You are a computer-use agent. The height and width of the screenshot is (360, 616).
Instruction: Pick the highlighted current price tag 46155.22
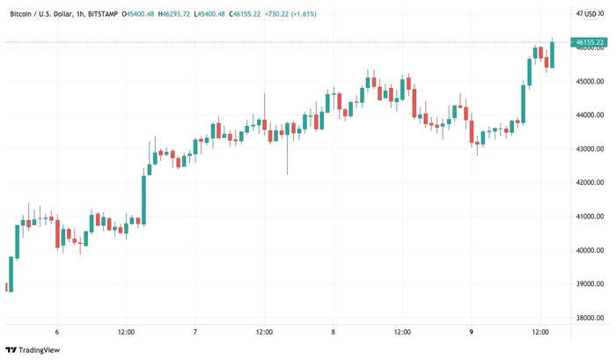click(586, 42)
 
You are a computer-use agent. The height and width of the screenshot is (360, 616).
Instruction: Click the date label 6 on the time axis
click(57, 332)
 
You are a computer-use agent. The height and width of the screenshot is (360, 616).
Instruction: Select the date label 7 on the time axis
click(194, 332)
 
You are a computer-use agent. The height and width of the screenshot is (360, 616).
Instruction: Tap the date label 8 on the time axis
click(334, 332)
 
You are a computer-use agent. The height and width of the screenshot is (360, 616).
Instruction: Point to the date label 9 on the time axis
click(472, 332)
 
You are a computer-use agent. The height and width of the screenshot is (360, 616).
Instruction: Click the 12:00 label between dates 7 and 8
click(264, 332)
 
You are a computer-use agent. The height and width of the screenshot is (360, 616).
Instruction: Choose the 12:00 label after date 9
click(540, 332)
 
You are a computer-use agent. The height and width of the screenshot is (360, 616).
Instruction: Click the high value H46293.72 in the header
click(174, 13)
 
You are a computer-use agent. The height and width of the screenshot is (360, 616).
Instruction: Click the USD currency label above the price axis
click(590, 13)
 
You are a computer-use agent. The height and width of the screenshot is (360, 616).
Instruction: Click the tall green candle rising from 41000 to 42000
click(143, 198)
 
